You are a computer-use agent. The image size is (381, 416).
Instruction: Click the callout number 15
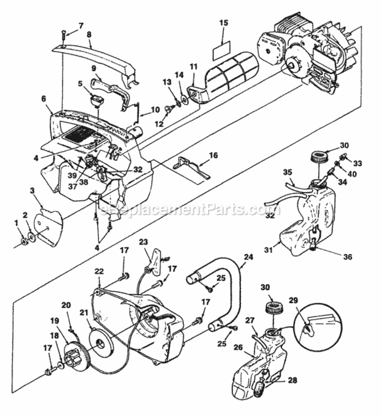click(224, 23)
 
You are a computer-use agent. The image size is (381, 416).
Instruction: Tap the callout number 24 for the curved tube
click(248, 257)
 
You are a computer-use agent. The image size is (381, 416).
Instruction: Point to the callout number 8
click(89, 33)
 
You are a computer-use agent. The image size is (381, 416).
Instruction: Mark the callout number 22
click(99, 271)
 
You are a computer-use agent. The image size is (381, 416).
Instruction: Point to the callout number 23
click(144, 242)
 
